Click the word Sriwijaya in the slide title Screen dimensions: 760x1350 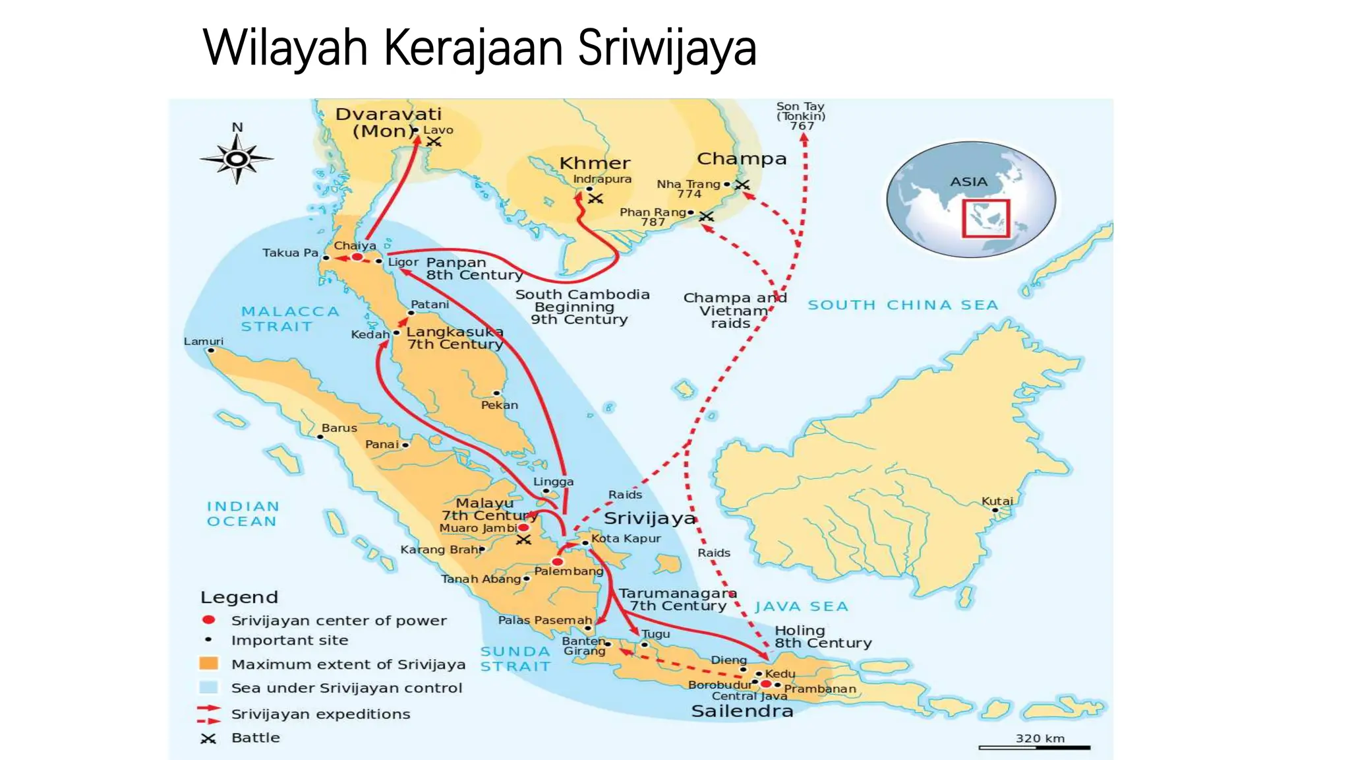[x=666, y=47]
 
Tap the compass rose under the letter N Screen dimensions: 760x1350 [x=237, y=159]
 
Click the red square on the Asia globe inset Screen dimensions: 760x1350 [x=985, y=218]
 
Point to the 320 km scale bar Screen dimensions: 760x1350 [x=1034, y=747]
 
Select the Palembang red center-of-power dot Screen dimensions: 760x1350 [x=558, y=561]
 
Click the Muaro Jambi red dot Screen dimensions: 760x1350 [x=523, y=528]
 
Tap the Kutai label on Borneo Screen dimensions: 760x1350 [x=997, y=501]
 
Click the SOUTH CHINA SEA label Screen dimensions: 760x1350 [x=902, y=305]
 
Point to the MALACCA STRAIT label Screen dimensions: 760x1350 [x=289, y=319]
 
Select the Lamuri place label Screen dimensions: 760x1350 [x=203, y=341]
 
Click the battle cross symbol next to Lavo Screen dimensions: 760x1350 [x=434, y=142]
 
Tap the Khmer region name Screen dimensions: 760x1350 [x=595, y=163]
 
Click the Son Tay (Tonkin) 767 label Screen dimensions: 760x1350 [x=800, y=115]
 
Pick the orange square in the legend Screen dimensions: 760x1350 [x=208, y=664]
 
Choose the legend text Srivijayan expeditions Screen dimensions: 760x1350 [x=320, y=714]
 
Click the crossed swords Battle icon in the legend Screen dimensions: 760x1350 [x=208, y=738]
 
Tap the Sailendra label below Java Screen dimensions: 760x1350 [x=742, y=711]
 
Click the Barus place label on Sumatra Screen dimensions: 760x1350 [x=339, y=427]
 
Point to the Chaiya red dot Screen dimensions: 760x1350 [x=357, y=257]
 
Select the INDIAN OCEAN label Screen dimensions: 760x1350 [x=243, y=513]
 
